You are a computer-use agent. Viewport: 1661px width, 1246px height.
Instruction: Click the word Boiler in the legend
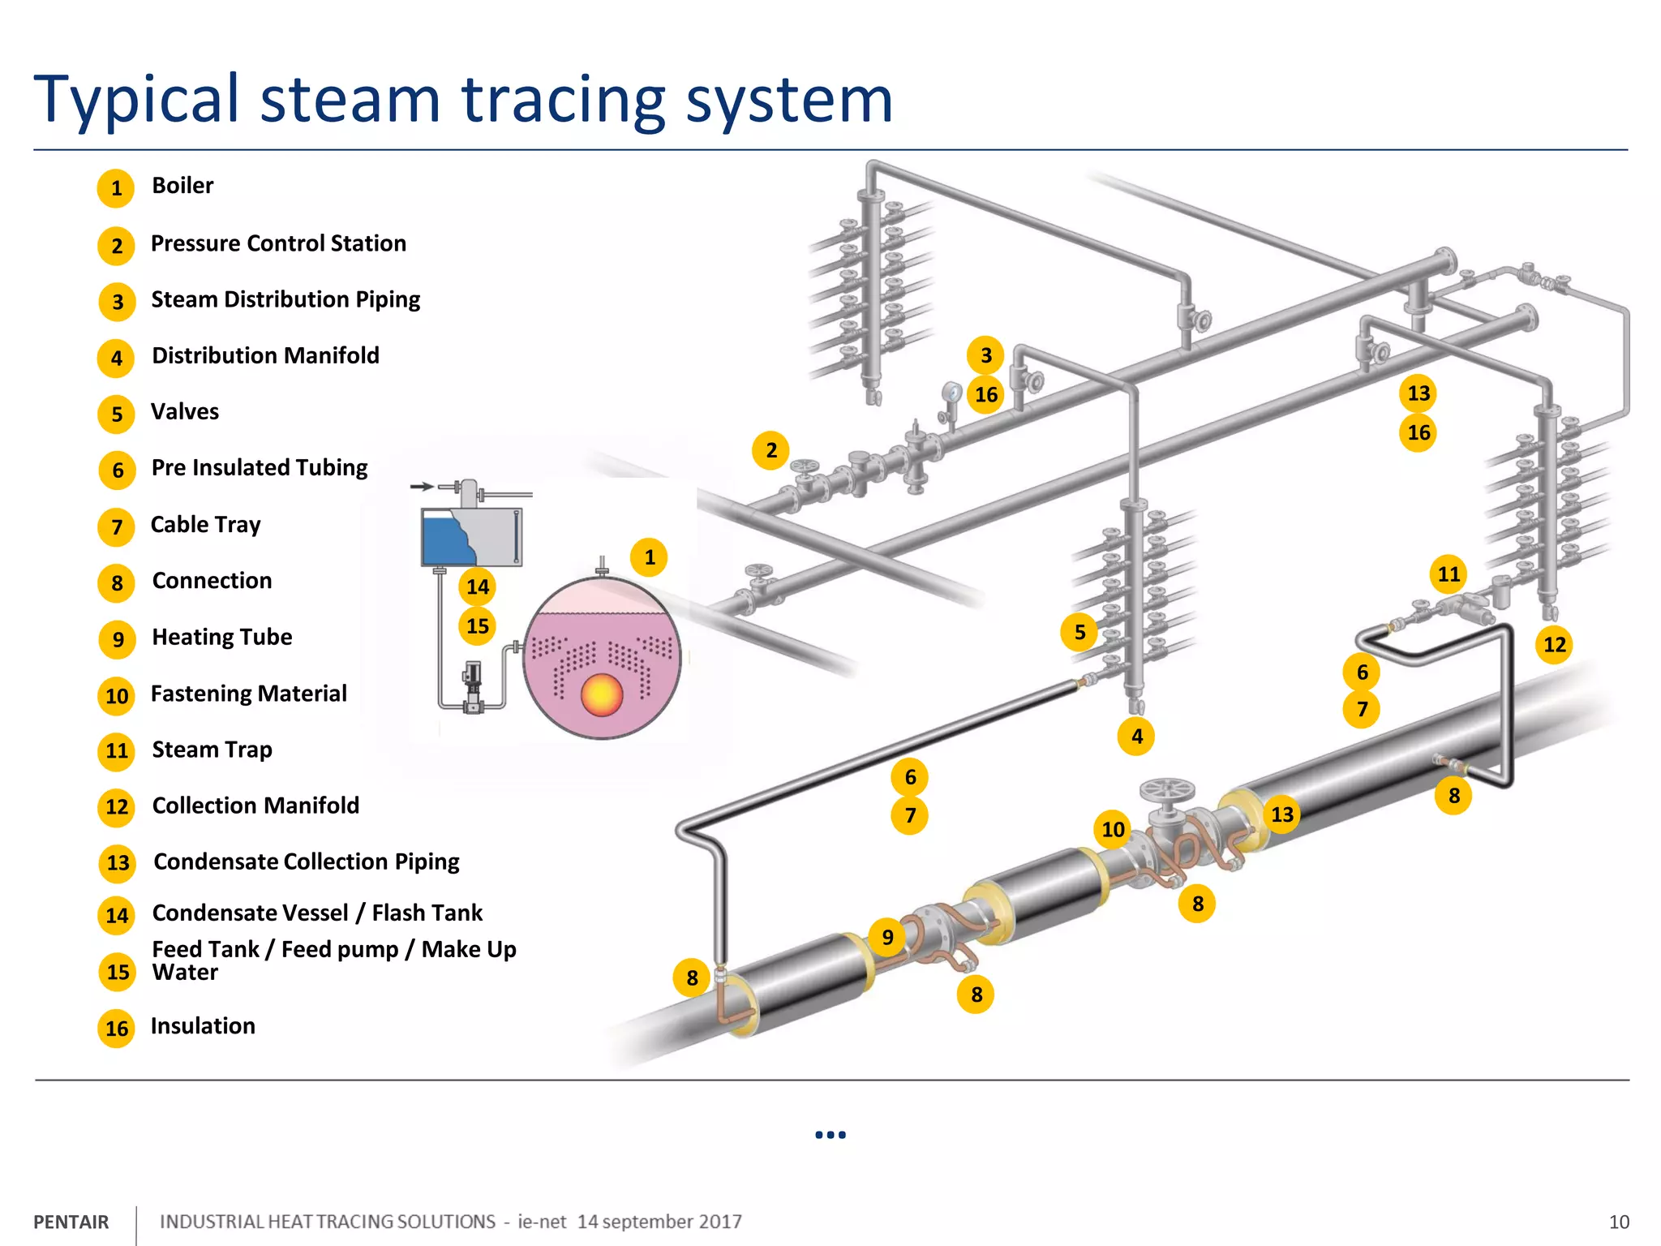click(x=182, y=186)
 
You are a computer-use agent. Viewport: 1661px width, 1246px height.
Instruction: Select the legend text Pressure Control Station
click(x=278, y=243)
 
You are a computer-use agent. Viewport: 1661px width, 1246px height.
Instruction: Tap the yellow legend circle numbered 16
click(x=117, y=1029)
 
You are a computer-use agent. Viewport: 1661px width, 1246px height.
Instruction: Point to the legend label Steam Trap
click(x=212, y=750)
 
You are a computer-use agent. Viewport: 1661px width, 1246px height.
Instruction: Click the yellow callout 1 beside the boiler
click(x=649, y=557)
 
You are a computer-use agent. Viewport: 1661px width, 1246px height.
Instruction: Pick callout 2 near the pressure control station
click(x=771, y=450)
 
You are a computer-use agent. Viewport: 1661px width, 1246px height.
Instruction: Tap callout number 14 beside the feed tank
click(x=478, y=586)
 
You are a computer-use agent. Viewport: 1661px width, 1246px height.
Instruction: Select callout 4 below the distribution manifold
click(x=1136, y=737)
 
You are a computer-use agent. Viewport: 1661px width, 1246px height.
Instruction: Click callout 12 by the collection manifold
click(x=1554, y=645)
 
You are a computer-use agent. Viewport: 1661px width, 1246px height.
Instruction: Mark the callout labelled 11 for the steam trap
click(x=1449, y=574)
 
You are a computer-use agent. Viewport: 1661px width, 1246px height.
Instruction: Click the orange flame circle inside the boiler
click(x=601, y=695)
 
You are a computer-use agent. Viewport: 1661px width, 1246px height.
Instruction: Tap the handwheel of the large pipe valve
click(x=1167, y=788)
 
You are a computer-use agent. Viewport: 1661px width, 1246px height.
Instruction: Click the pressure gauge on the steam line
click(x=951, y=393)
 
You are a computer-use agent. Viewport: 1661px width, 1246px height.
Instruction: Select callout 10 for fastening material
click(x=1113, y=829)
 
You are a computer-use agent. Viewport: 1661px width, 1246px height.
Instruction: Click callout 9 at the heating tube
click(x=887, y=937)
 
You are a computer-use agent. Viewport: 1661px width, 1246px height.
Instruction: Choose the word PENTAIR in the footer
click(x=71, y=1222)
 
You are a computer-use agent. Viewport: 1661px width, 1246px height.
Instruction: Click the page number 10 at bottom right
click(x=1618, y=1222)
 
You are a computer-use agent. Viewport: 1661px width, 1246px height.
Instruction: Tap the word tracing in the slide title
click(x=564, y=101)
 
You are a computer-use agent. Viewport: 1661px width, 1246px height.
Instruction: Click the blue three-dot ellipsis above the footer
click(x=830, y=1135)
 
